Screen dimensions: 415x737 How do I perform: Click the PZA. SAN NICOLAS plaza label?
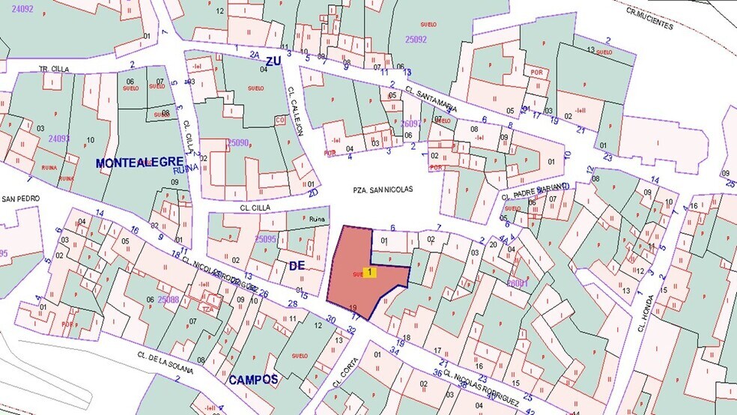(383, 190)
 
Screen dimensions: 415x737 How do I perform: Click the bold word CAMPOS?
(253, 380)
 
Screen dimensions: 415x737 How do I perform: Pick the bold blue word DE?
(297, 266)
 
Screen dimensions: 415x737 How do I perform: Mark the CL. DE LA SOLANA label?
(164, 363)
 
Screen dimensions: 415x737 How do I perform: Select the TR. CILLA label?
(54, 69)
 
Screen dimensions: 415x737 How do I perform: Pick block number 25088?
(168, 300)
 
